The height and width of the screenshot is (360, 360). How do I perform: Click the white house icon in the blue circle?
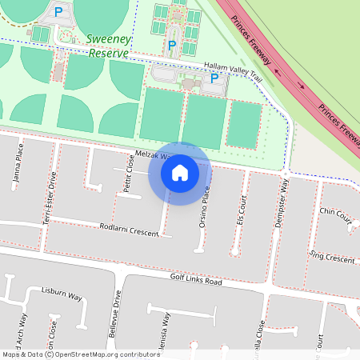[x=180, y=173]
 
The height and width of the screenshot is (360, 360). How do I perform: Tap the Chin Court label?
[x=335, y=215]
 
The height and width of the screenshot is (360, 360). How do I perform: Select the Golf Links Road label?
[x=195, y=280]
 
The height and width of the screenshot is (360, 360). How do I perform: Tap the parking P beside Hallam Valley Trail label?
[x=214, y=78]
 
